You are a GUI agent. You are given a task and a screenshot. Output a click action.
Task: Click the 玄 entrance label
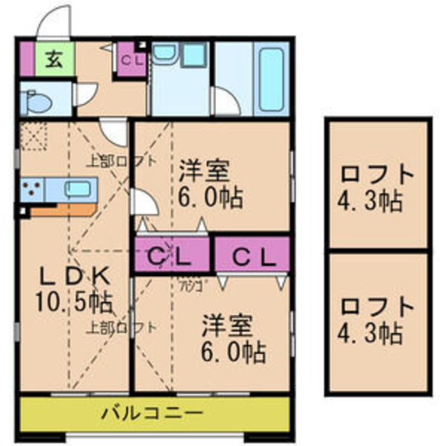click(x=53, y=59)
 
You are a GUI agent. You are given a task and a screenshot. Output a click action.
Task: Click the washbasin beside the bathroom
click(x=165, y=54)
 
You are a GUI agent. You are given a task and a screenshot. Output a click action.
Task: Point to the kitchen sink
click(x=77, y=188)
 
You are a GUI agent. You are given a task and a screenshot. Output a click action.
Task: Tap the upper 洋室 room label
click(x=204, y=169)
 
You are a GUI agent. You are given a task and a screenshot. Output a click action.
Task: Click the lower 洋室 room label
click(x=228, y=325)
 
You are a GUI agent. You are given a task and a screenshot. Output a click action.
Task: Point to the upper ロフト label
click(x=377, y=173)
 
